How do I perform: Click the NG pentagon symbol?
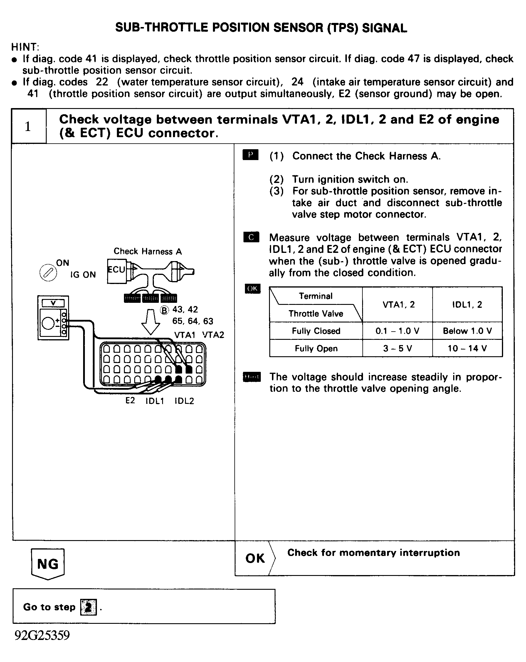48,564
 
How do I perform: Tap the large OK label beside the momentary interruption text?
255,558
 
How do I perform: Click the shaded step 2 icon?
88,607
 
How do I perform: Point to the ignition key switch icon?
48,272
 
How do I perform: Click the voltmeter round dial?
48,323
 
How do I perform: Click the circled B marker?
164,310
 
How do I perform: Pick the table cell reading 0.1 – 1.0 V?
397,331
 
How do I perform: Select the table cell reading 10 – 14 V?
467,348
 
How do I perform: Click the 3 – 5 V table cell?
397,348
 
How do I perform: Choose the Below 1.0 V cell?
467,331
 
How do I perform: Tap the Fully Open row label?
316,348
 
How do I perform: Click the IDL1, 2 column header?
467,304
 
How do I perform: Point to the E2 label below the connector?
130,400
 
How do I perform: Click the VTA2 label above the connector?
213,335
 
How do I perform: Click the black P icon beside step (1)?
251,155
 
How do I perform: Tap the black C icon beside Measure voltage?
251,237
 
